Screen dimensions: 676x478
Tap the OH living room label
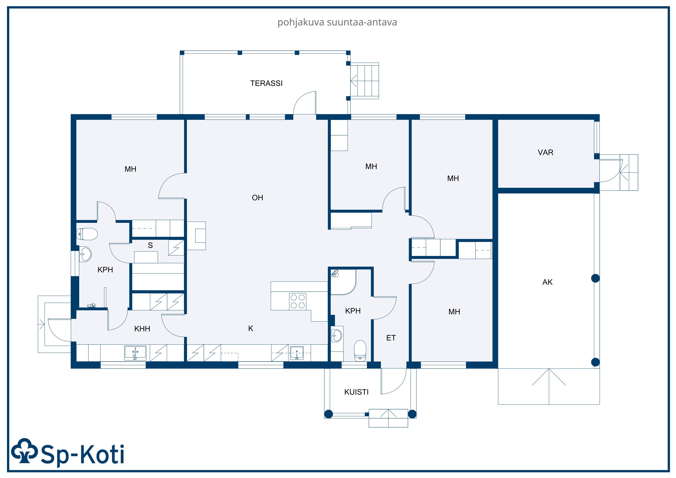[257, 198]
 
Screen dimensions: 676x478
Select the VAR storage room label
[545, 153]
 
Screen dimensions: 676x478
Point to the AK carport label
[547, 282]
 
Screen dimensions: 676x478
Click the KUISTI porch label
[356, 392]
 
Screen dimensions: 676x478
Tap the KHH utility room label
[142, 329]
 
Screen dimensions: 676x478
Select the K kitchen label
[251, 328]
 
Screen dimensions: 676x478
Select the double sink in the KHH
[135, 353]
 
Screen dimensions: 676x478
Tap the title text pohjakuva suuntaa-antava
[337, 22]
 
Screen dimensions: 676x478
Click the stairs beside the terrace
[364, 81]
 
